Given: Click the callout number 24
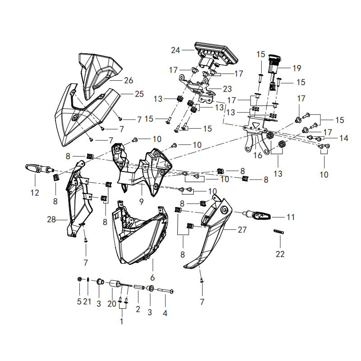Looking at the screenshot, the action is click(176, 50).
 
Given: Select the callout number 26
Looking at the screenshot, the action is click(129, 80).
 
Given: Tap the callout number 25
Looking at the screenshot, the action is click(139, 94).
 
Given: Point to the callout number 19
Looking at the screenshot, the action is click(297, 68).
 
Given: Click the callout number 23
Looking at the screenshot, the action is click(227, 89).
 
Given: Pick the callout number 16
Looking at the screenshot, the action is click(258, 155).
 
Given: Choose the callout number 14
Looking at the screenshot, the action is click(344, 138).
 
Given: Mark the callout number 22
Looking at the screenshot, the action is click(280, 254).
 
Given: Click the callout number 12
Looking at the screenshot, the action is click(35, 193).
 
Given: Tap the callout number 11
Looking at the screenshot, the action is click(291, 217).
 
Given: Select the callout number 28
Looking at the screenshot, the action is click(51, 219).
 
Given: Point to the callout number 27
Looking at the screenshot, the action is click(242, 230).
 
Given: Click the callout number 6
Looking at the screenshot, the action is click(153, 278).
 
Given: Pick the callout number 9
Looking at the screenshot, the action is click(141, 202).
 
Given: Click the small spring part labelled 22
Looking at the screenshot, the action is click(278, 231).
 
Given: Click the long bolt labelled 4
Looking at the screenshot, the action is click(165, 291).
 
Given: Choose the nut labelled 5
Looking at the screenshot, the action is click(79, 279).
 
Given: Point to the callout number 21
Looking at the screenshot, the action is click(87, 301).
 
